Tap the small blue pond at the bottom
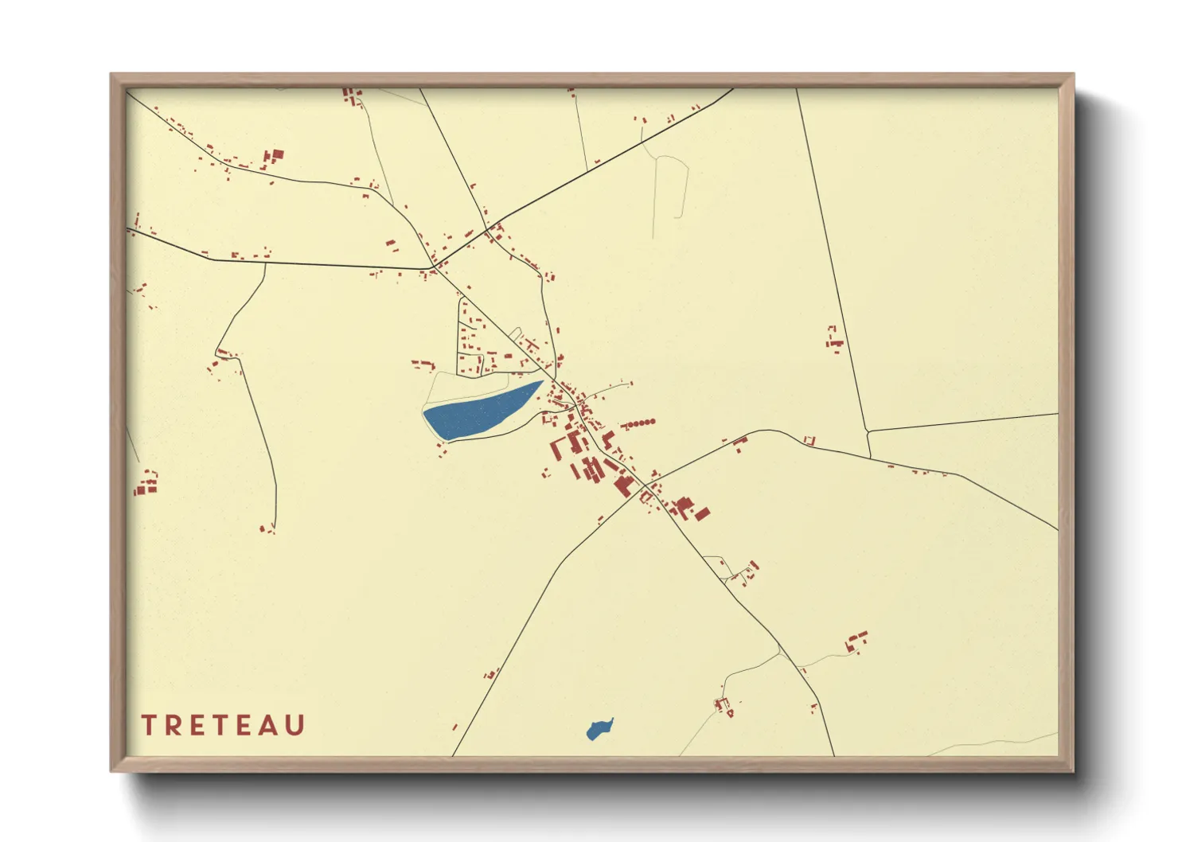point(599,729)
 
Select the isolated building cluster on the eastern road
point(834,339)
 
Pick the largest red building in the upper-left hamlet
point(278,154)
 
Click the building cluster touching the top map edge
point(351,96)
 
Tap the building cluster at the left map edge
point(146,483)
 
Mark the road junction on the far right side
point(867,431)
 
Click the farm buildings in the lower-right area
point(856,641)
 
